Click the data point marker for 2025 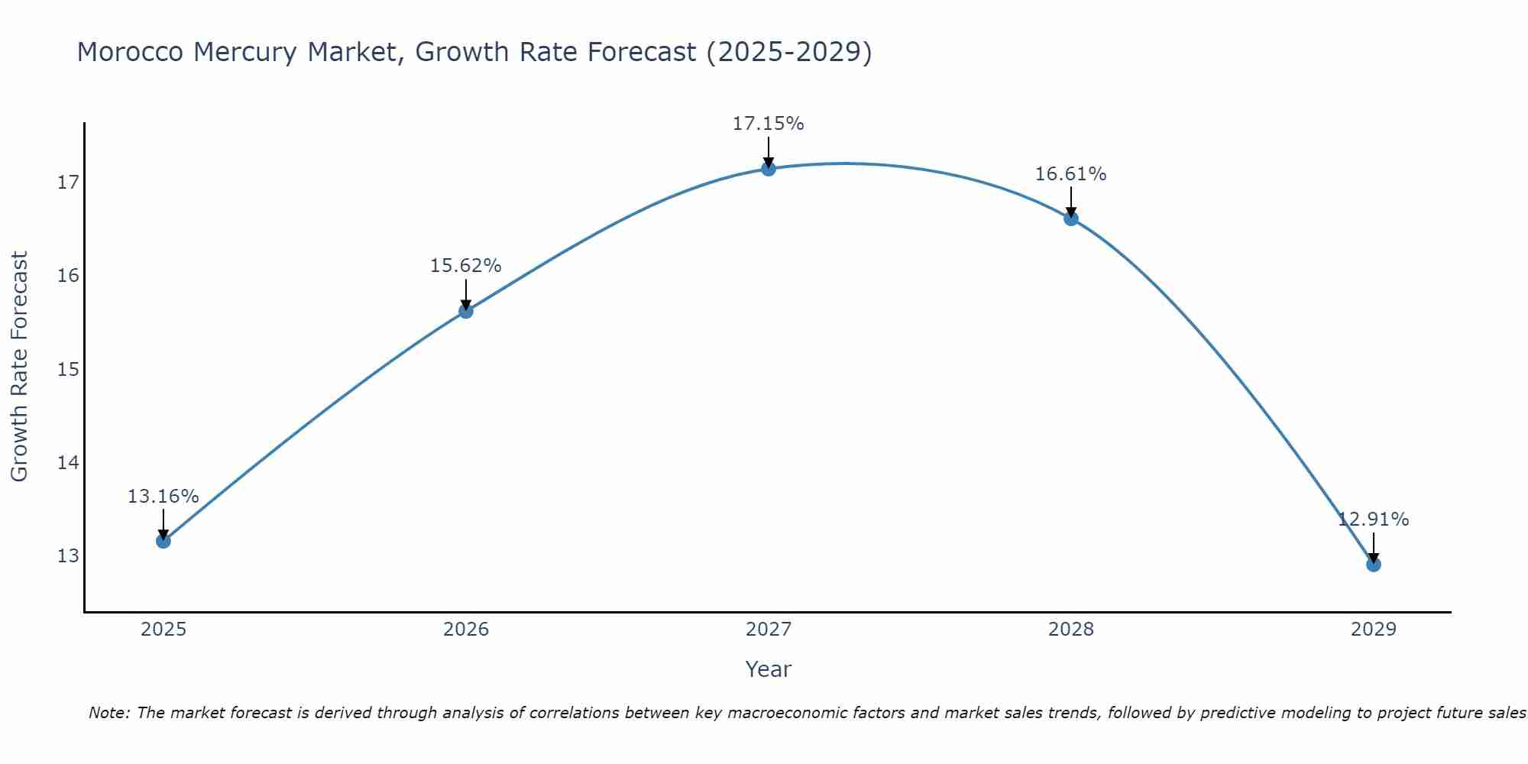[x=163, y=541]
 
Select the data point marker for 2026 [x=465, y=311]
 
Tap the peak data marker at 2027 [x=768, y=168]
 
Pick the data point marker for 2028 [x=1070, y=219]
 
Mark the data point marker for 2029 [x=1373, y=565]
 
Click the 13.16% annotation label [x=163, y=497]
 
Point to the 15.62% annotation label [x=465, y=266]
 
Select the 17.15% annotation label [x=768, y=124]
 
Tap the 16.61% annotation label [x=1070, y=174]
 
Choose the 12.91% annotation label [x=1373, y=520]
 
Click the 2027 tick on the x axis [x=768, y=630]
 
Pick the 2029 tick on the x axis [x=1373, y=630]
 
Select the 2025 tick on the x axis [x=163, y=630]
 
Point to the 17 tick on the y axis [x=68, y=183]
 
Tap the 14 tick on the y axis [x=68, y=462]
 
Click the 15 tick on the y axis [x=68, y=370]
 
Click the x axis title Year [x=768, y=669]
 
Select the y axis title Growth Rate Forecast [x=19, y=367]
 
